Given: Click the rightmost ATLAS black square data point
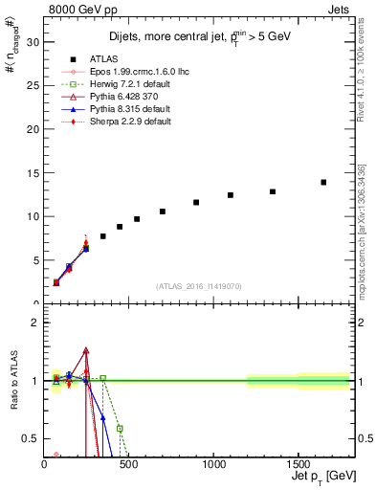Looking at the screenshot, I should [x=323, y=182].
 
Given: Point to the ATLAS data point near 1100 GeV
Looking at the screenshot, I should [x=231, y=195].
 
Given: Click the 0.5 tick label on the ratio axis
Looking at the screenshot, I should [x=29, y=438].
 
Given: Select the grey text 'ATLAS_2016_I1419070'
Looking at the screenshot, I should [x=200, y=285].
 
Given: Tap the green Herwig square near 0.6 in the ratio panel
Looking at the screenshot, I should [x=120, y=429].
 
